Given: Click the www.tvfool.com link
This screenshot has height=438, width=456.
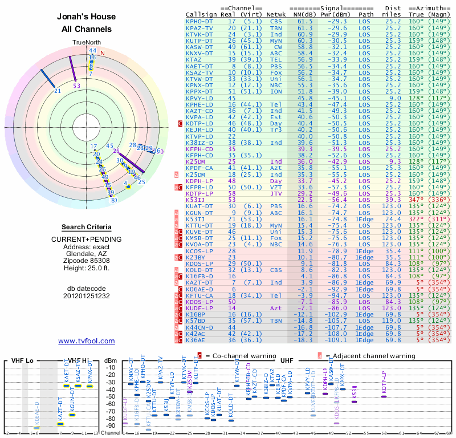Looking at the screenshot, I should click(x=87, y=341).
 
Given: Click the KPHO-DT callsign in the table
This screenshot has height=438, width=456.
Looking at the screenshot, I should click(x=199, y=21).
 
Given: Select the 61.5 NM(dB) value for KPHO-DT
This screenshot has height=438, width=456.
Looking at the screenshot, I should click(x=304, y=21).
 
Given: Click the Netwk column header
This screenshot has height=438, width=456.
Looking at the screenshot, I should click(x=276, y=14).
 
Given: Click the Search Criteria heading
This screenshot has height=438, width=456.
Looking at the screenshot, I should click(x=87, y=227).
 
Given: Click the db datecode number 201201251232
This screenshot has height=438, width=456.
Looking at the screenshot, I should click(x=87, y=296).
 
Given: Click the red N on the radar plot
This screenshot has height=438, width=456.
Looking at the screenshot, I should click(x=103, y=54).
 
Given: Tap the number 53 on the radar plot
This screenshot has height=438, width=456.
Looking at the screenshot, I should click(x=77, y=86).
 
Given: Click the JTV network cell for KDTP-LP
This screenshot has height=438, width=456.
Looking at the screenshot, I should click(x=276, y=193).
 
